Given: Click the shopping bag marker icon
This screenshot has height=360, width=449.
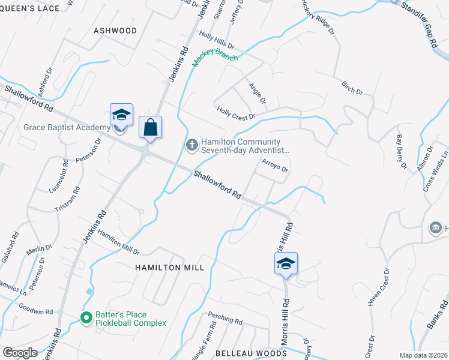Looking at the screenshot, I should pyautogui.click(x=150, y=127).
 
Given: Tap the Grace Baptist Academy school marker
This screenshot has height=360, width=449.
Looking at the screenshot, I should pyautogui.click(x=121, y=115).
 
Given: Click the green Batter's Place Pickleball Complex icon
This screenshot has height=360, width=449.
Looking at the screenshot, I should pyautogui.click(x=86, y=317).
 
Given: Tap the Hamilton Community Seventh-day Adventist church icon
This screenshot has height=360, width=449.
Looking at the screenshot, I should pyautogui.click(x=191, y=143).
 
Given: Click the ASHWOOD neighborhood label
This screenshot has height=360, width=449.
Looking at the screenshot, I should pyautogui.click(x=115, y=31).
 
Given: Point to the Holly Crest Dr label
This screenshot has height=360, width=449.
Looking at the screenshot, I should pyautogui.click(x=237, y=113).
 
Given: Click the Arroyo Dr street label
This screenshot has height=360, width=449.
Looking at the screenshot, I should pyautogui.click(x=275, y=166).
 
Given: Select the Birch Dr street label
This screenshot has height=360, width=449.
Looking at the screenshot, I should pyautogui.click(x=352, y=88).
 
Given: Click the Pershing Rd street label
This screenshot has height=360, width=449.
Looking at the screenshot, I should pyautogui.click(x=224, y=319).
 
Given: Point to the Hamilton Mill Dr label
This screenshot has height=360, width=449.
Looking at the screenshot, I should pyautogui.click(x=119, y=242).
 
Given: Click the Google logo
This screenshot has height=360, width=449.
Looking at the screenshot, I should pyautogui.click(x=20, y=353).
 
